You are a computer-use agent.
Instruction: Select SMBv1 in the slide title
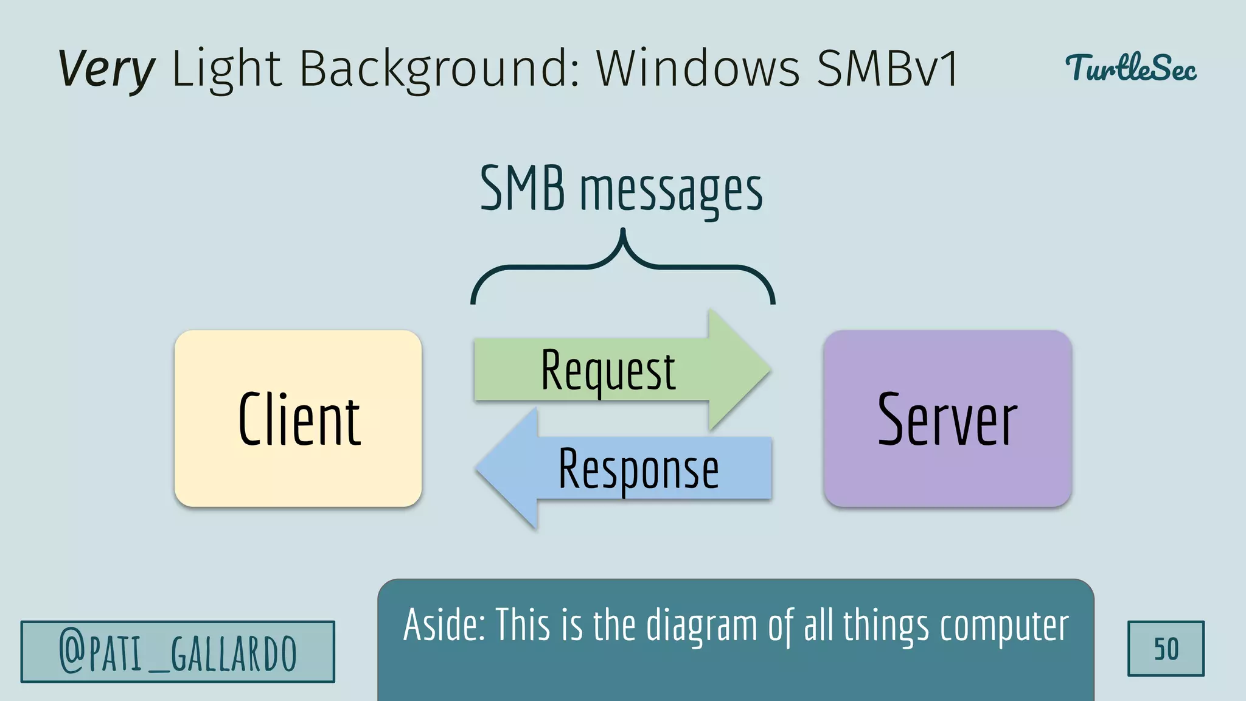pos(887,68)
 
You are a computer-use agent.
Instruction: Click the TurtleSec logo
pos(1130,68)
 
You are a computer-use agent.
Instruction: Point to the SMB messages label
pos(621,190)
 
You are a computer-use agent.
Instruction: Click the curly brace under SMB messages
pos(622,268)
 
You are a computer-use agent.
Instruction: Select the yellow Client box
pos(298,419)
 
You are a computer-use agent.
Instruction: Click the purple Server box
pos(947,419)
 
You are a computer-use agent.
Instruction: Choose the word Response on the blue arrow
pos(638,469)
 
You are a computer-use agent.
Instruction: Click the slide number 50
pos(1166,649)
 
